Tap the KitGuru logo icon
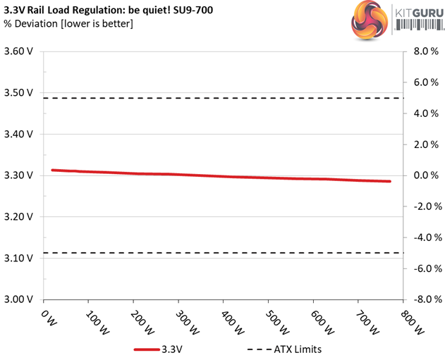[x=368, y=20]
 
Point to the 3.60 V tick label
[x=19, y=51]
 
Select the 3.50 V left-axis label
[x=19, y=93]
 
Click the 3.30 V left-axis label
[x=19, y=175]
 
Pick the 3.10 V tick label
[x=19, y=258]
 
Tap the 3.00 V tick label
[x=19, y=299]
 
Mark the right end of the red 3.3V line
[x=389, y=182]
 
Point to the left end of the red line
[x=53, y=170]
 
